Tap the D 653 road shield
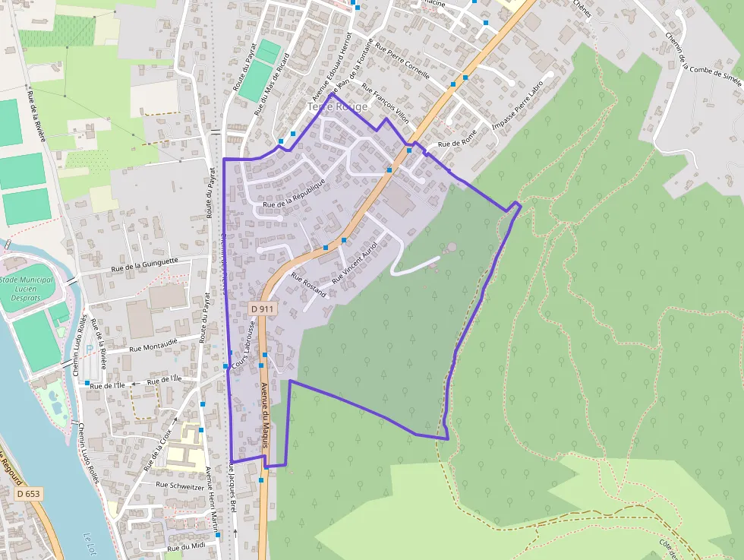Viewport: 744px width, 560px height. click(x=28, y=494)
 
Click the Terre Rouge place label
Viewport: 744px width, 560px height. click(x=338, y=107)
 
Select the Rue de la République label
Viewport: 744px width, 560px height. click(x=294, y=195)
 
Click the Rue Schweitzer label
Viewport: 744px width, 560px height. click(x=181, y=483)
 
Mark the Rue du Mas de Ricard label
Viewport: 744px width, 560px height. click(x=272, y=84)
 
